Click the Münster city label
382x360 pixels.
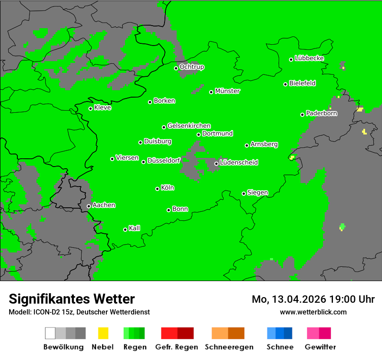[227, 91]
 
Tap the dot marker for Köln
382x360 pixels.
[157, 189]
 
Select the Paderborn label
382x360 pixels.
[322, 113]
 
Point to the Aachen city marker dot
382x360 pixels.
[89, 206]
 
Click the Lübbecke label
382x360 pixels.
[310, 58]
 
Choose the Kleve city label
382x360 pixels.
[103, 108]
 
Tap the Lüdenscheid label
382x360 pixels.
[239, 163]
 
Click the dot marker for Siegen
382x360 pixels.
[244, 194]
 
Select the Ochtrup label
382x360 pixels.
[192, 67]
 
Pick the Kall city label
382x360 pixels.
[135, 228]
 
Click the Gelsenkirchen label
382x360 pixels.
[189, 126]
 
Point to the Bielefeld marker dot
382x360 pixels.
[286, 84]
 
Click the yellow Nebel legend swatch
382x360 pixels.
[103, 333]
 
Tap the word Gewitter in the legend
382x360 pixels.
[320, 347]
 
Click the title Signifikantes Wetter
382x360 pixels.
[72, 299]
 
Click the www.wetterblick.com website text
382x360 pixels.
[313, 312]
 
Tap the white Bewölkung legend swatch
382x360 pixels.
[50, 333]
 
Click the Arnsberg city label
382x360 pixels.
[264, 144]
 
